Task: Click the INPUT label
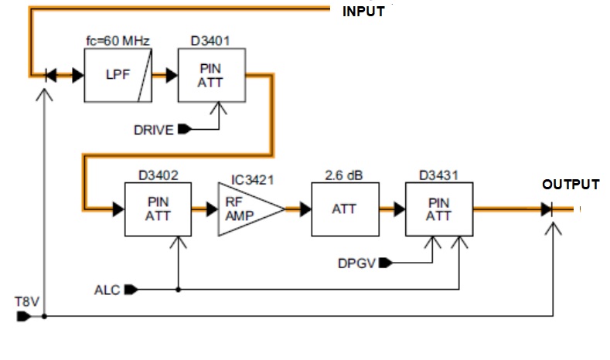[363, 12]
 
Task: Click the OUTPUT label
[570, 185]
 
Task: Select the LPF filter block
[116, 75]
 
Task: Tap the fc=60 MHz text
[116, 39]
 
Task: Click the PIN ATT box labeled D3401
[211, 75]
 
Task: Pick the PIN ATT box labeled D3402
[158, 209]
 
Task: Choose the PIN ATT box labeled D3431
[438, 209]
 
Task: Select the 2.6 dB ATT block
[344, 209]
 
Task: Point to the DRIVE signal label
[153, 130]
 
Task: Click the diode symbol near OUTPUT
[547, 209]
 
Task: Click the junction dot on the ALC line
[179, 290]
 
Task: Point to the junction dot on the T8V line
[46, 316]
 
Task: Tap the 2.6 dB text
[344, 175]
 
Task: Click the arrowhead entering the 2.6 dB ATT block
[305, 209]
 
